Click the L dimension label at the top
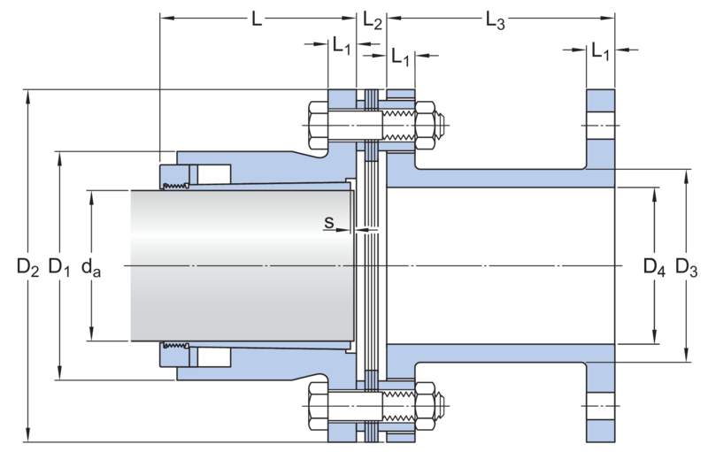pos(257,19)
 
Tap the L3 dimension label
pos(496,19)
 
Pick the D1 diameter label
pos(58,266)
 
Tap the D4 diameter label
pos(653,266)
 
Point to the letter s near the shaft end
pos(327,225)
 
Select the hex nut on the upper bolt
pos(426,126)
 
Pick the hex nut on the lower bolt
pos(426,406)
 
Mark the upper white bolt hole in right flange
pos(600,126)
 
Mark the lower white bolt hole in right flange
pos(600,406)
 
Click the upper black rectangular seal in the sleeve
pos(212,173)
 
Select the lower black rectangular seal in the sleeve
pos(212,358)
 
